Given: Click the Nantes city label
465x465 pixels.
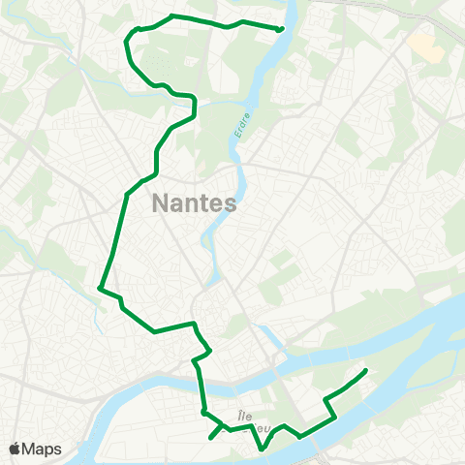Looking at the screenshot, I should point(195,204).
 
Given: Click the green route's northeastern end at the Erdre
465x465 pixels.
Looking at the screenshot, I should point(280,29).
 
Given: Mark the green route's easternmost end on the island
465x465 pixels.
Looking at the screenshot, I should point(365,371).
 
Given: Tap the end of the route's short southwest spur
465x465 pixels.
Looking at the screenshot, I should point(211,438).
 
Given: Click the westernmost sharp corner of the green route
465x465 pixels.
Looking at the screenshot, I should point(100,288).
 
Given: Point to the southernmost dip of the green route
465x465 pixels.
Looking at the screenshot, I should point(263,449).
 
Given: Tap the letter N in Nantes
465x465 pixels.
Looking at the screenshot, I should point(160,204).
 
